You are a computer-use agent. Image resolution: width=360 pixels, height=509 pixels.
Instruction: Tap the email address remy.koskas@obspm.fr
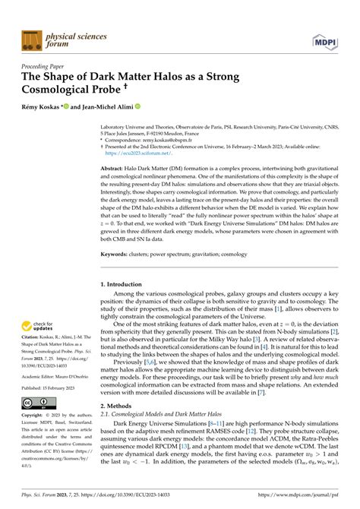click(x=187, y=140)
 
